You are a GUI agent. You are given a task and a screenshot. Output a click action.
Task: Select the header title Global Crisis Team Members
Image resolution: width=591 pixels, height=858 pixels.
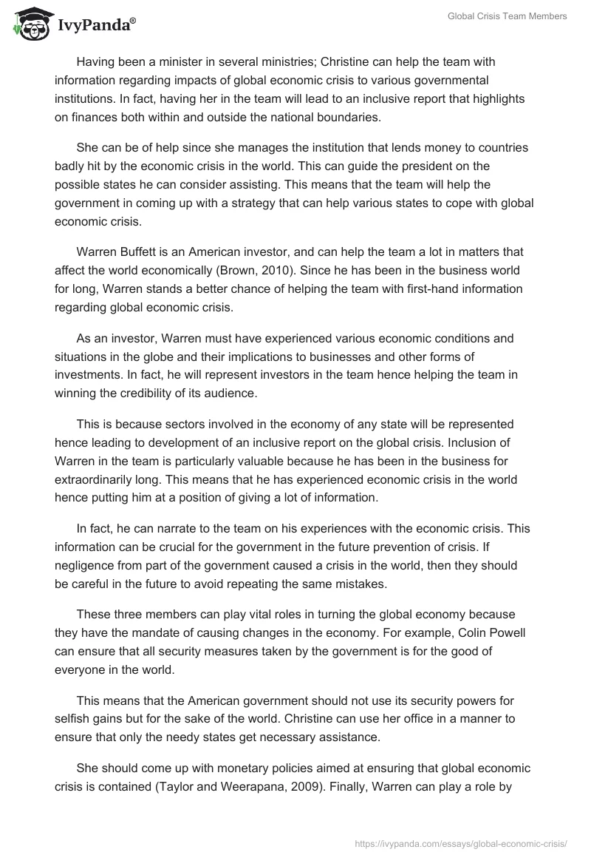(508, 17)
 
